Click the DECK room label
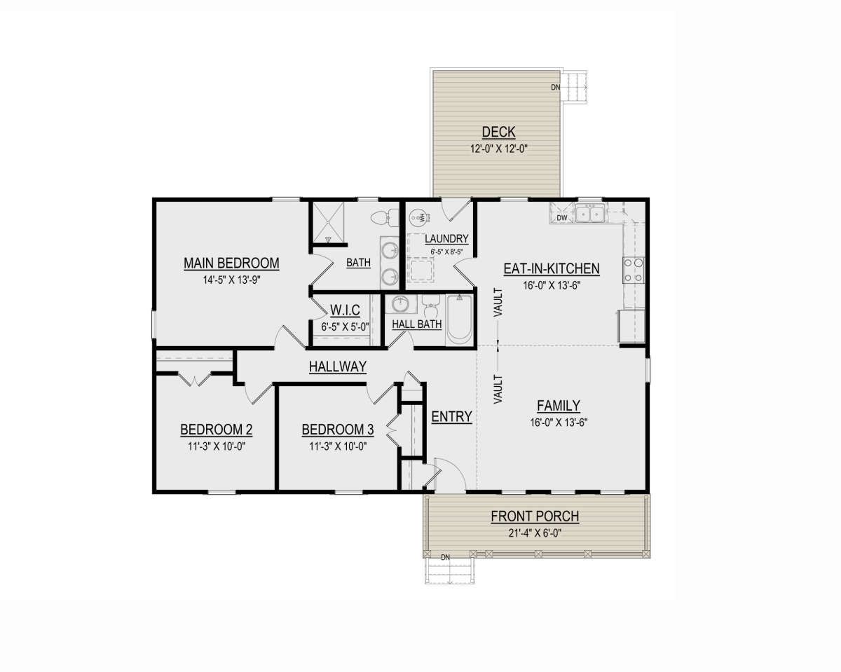498,132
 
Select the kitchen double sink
589,213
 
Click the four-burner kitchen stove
634,270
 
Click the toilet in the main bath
384,217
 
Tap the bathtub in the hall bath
459,320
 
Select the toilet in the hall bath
432,308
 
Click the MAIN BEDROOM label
231,263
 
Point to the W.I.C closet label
345,310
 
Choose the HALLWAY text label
338,366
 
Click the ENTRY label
451,416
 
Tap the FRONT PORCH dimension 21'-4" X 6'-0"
535,533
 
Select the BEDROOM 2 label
216,430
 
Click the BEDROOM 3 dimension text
338,446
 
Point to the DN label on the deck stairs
555,88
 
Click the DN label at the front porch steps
445,558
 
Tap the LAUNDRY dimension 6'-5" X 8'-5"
446,252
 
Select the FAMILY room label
559,406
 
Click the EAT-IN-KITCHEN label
552,269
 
